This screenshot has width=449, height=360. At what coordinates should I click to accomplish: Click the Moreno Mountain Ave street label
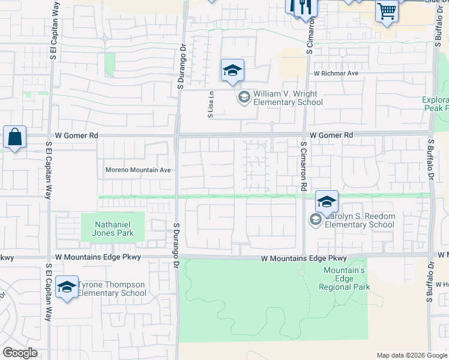[x=139, y=170]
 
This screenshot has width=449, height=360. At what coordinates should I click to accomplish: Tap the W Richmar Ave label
[x=336, y=73]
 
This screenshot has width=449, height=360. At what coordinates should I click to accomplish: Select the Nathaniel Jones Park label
[x=113, y=229]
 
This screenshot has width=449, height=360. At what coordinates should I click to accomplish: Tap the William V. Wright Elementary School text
[x=288, y=98]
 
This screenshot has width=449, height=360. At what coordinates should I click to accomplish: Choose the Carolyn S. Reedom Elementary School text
[x=359, y=221]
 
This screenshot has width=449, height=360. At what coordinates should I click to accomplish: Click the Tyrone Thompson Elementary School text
[x=112, y=289]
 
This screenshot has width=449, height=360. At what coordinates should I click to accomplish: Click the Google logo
[x=20, y=353]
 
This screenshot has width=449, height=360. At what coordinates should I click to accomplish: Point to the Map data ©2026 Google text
[x=412, y=355]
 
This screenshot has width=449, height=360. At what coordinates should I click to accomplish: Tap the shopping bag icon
[x=14, y=137]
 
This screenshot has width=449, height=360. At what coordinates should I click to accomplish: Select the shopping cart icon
[x=387, y=11]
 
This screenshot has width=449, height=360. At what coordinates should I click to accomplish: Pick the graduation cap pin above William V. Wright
[x=232, y=71]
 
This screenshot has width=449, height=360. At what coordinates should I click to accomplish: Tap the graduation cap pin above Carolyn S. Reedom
[x=327, y=202]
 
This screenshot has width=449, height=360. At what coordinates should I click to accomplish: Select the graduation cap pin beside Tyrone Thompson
[x=67, y=287]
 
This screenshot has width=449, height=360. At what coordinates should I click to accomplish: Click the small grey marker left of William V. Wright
[x=244, y=97]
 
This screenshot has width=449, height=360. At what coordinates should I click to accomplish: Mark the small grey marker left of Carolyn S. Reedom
[x=315, y=221]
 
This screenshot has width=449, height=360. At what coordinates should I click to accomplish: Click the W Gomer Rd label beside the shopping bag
[x=76, y=136]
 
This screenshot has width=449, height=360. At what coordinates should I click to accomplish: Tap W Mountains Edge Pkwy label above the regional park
[x=304, y=258]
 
